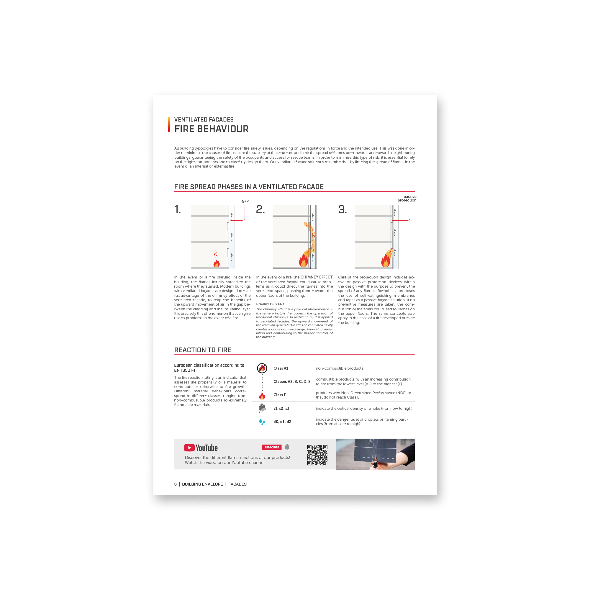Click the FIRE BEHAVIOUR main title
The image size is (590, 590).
[x=211, y=129]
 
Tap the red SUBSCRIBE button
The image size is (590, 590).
[x=271, y=448]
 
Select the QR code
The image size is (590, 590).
[x=317, y=455]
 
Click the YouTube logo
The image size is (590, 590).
[x=201, y=448]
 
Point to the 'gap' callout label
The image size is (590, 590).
[x=245, y=201]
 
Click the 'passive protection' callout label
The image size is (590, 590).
[x=407, y=199]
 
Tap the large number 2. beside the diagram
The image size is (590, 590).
[x=260, y=209]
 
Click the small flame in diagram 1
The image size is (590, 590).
[x=216, y=259]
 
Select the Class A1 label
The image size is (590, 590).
[x=281, y=368]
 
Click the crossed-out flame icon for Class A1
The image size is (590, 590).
[x=262, y=368]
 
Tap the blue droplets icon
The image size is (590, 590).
[x=262, y=422]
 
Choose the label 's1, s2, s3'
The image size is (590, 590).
[x=281, y=408]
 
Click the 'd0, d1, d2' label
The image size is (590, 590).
[x=282, y=422]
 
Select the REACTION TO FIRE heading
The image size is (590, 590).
[x=203, y=350]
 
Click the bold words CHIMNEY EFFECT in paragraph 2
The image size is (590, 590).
[x=316, y=277]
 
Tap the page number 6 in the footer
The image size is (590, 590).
[x=175, y=484]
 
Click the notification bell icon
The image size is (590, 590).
[x=287, y=447]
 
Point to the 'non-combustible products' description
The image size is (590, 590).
[x=339, y=368]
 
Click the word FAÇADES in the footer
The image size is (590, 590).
[x=237, y=484]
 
